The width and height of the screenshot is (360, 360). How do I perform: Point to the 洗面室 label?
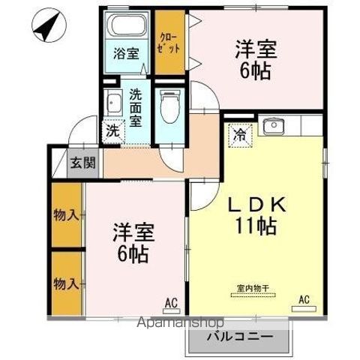[x=136, y=107]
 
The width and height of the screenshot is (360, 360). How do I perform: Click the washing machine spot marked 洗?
[x=112, y=129]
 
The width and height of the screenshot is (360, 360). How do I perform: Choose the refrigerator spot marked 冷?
[x=240, y=136]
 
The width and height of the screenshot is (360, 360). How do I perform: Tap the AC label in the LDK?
[x=304, y=300]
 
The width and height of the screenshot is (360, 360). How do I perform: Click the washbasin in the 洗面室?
[x=114, y=103]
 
